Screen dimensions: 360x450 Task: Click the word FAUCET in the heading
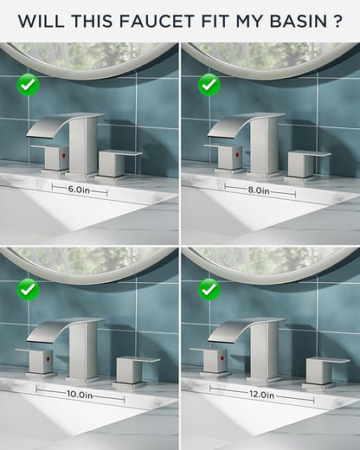click(157, 21)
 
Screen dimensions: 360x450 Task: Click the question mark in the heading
click(337, 21)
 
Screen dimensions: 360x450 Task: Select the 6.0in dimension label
click(79, 190)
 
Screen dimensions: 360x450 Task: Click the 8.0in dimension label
click(259, 190)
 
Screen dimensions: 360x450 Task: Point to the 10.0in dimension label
click(80, 395)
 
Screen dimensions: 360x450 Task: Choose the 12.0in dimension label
click(261, 395)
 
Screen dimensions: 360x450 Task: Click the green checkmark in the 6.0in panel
click(29, 85)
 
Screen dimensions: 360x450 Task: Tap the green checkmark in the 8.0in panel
click(209, 85)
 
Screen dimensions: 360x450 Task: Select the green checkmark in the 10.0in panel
click(29, 290)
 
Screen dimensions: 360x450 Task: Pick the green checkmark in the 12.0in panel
click(209, 290)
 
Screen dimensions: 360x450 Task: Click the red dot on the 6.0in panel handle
click(64, 156)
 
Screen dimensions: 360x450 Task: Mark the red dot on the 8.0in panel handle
click(238, 155)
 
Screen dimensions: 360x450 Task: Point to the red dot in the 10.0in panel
click(48, 359)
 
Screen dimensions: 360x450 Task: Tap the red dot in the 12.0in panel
click(222, 358)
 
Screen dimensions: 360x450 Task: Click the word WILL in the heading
click(42, 21)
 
